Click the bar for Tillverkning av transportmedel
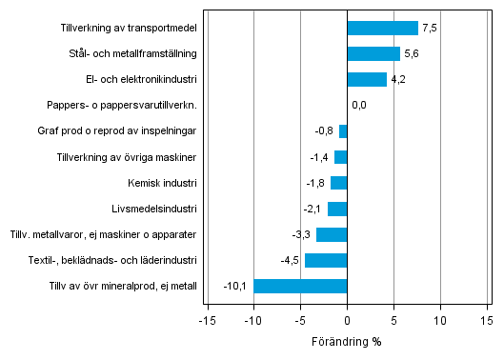coord(382,29)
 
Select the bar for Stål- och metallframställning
coord(373,54)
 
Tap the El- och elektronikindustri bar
coord(367,80)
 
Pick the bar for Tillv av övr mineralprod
coord(300,286)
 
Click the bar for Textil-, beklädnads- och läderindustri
coord(326,260)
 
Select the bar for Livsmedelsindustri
coord(337,209)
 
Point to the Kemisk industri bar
coord(338,183)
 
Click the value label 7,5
coord(430,29)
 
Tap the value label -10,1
coord(235,286)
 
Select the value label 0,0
coord(359,106)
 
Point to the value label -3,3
coord(302,234)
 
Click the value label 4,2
coord(398,80)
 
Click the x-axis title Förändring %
coord(347,341)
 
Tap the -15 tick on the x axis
coord(206,320)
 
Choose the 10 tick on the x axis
coord(440,320)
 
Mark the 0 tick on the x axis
coord(347,320)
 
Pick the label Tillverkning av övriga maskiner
coord(127,157)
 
